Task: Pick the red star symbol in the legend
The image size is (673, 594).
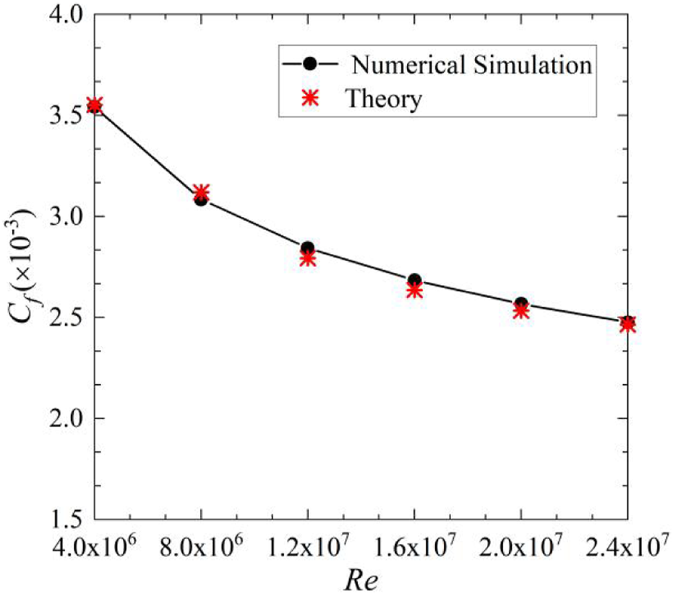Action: point(312,99)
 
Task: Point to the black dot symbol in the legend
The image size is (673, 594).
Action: point(312,64)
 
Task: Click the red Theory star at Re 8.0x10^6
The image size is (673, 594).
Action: point(201,192)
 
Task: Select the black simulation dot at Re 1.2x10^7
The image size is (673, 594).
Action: point(308,248)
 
